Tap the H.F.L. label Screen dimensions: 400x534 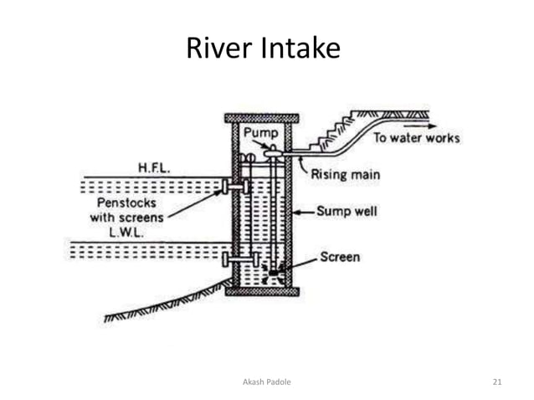pyautogui.click(x=154, y=170)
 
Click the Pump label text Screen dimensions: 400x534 pyautogui.click(x=260, y=134)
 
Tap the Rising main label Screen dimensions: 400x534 pyautogui.click(x=345, y=175)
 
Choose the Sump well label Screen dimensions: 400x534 pyautogui.click(x=347, y=211)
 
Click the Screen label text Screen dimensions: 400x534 pyautogui.click(x=340, y=256)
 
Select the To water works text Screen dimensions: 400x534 pyautogui.click(x=416, y=137)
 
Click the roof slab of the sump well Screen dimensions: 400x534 pyautogui.click(x=262, y=118)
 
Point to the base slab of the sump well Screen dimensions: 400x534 pyautogui.click(x=262, y=291)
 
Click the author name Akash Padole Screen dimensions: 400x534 pyautogui.click(x=267, y=382)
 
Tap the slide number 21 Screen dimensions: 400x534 pyautogui.click(x=497, y=382)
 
